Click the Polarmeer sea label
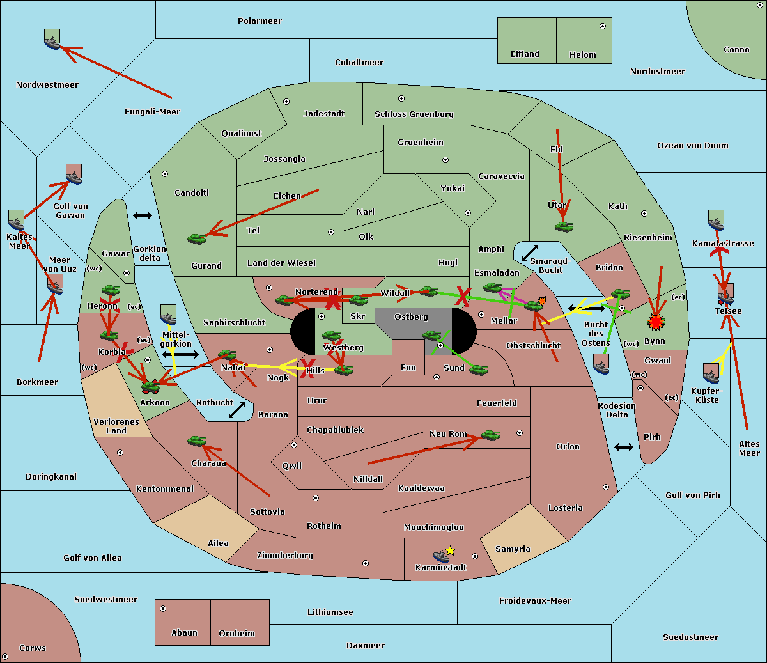tap(260, 21)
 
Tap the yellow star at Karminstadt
tap(450, 550)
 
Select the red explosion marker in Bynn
tap(656, 322)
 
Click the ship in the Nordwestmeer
tap(52, 40)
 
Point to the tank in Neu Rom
tap(490, 435)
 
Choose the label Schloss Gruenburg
tap(414, 114)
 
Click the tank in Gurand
tap(196, 238)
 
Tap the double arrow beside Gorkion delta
tap(143, 215)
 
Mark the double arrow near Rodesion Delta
tap(624, 447)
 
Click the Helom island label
tap(582, 55)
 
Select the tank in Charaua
tap(196, 441)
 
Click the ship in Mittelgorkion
tap(168, 316)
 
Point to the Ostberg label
tap(411, 317)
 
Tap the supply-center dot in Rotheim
tap(316, 498)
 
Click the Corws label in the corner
tap(33, 648)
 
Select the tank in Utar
tap(564, 226)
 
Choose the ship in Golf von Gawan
tap(74, 175)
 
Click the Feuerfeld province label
tap(497, 403)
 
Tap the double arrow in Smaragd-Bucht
tap(531, 253)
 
